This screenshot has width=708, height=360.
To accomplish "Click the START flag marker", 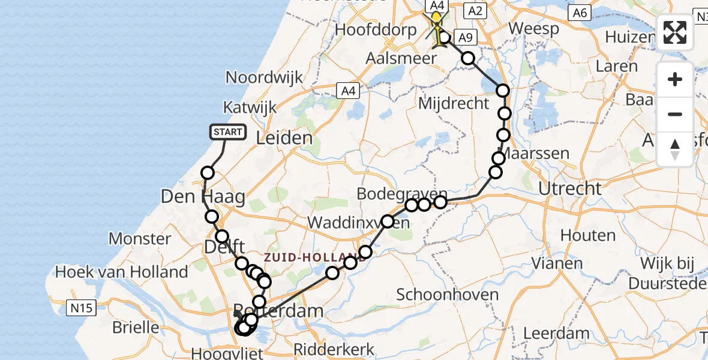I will [x=228, y=132].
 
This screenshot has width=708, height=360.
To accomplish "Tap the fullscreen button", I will [x=675, y=32].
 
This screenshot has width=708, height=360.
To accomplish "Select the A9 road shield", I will [x=463, y=37].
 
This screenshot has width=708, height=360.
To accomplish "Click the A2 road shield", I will [x=475, y=11].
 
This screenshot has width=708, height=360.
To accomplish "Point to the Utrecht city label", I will [x=569, y=188].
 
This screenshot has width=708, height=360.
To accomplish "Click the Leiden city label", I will [x=284, y=138].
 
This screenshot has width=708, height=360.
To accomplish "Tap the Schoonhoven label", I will [x=448, y=295].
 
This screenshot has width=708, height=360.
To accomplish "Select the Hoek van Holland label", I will [x=122, y=272].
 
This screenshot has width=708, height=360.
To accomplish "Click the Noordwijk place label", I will [x=265, y=77].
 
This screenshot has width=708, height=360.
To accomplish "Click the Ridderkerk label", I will [x=334, y=349].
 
